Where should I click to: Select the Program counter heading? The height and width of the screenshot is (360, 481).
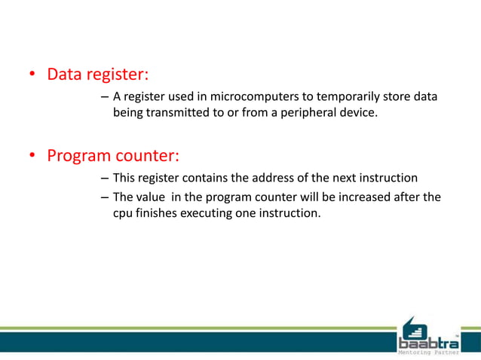[113, 156]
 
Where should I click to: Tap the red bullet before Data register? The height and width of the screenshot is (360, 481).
[32, 75]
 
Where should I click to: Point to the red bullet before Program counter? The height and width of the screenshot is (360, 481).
[32, 157]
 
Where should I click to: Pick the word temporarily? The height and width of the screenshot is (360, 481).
[353, 97]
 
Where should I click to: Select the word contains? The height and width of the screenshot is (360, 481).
[210, 178]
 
